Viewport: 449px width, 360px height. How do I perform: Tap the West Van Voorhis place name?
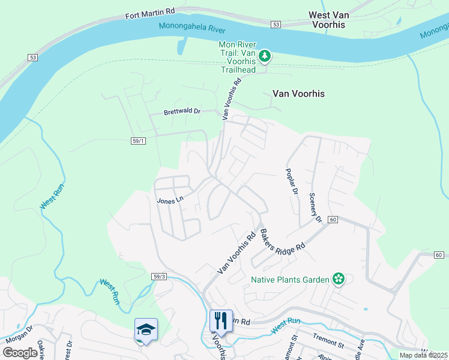[336, 19]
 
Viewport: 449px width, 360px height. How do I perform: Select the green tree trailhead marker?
[265, 57]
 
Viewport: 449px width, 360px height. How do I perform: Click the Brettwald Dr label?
[182, 112]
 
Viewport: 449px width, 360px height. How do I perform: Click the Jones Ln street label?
[169, 201]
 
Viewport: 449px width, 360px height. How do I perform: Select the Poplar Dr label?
[292, 181]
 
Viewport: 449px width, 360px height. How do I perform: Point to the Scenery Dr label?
[315, 207]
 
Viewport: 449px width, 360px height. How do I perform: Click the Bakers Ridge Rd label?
[282, 239]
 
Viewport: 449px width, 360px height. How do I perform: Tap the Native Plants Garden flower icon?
[339, 279]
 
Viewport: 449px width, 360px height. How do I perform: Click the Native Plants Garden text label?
[290, 280]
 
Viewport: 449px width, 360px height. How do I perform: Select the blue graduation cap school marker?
[146, 330]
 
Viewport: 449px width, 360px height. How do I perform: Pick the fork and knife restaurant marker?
[221, 321]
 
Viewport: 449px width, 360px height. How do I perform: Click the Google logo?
[20, 353]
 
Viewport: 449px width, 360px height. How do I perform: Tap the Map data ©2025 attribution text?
[423, 355]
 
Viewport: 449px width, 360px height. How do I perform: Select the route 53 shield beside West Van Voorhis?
[276, 25]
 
